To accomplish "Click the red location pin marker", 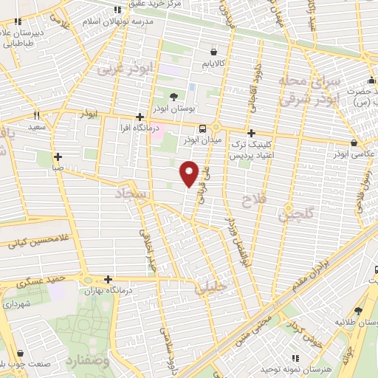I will pyautogui.click(x=190, y=172).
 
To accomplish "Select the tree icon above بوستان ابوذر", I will pyautogui.click(x=173, y=97).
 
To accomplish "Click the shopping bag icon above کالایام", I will pyautogui.click(x=213, y=52).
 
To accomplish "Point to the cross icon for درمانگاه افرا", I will pyautogui.click(x=140, y=117).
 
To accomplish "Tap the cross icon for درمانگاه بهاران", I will pyautogui.click(x=109, y=279).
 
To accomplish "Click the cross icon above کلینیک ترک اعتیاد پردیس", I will pyautogui.click(x=252, y=134).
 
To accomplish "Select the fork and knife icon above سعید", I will pyautogui.click(x=37, y=116).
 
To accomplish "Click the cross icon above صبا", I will pyautogui.click(x=58, y=157).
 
